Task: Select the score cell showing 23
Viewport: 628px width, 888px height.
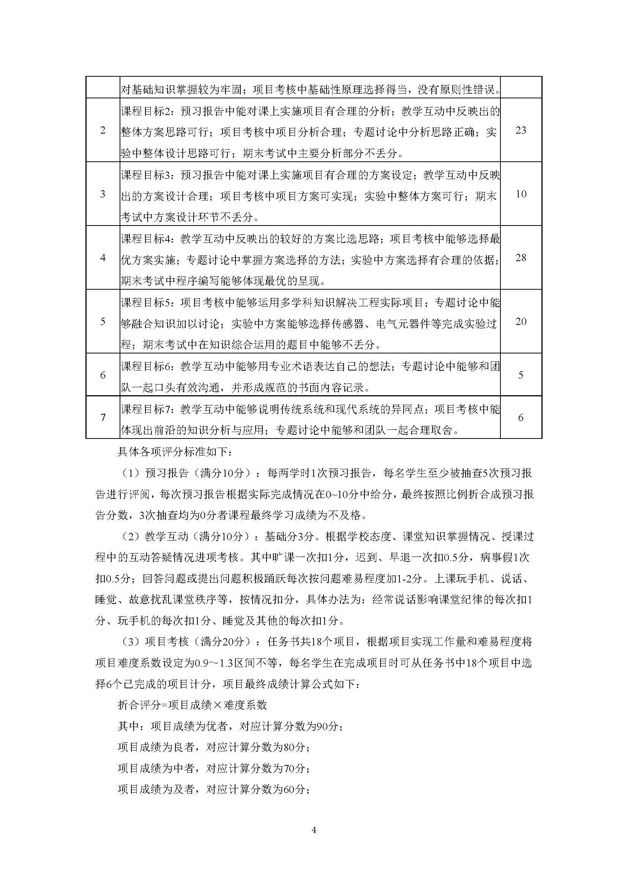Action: point(521,130)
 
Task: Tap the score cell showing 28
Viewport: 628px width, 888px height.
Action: point(521,257)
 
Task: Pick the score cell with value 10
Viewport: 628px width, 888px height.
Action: point(521,194)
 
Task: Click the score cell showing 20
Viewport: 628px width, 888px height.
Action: point(521,322)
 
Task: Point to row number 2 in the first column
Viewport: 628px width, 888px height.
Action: point(103,130)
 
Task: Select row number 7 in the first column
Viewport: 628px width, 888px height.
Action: point(103,418)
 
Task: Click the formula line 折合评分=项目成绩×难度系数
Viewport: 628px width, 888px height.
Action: point(192,705)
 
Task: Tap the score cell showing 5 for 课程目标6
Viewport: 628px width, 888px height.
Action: point(521,375)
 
